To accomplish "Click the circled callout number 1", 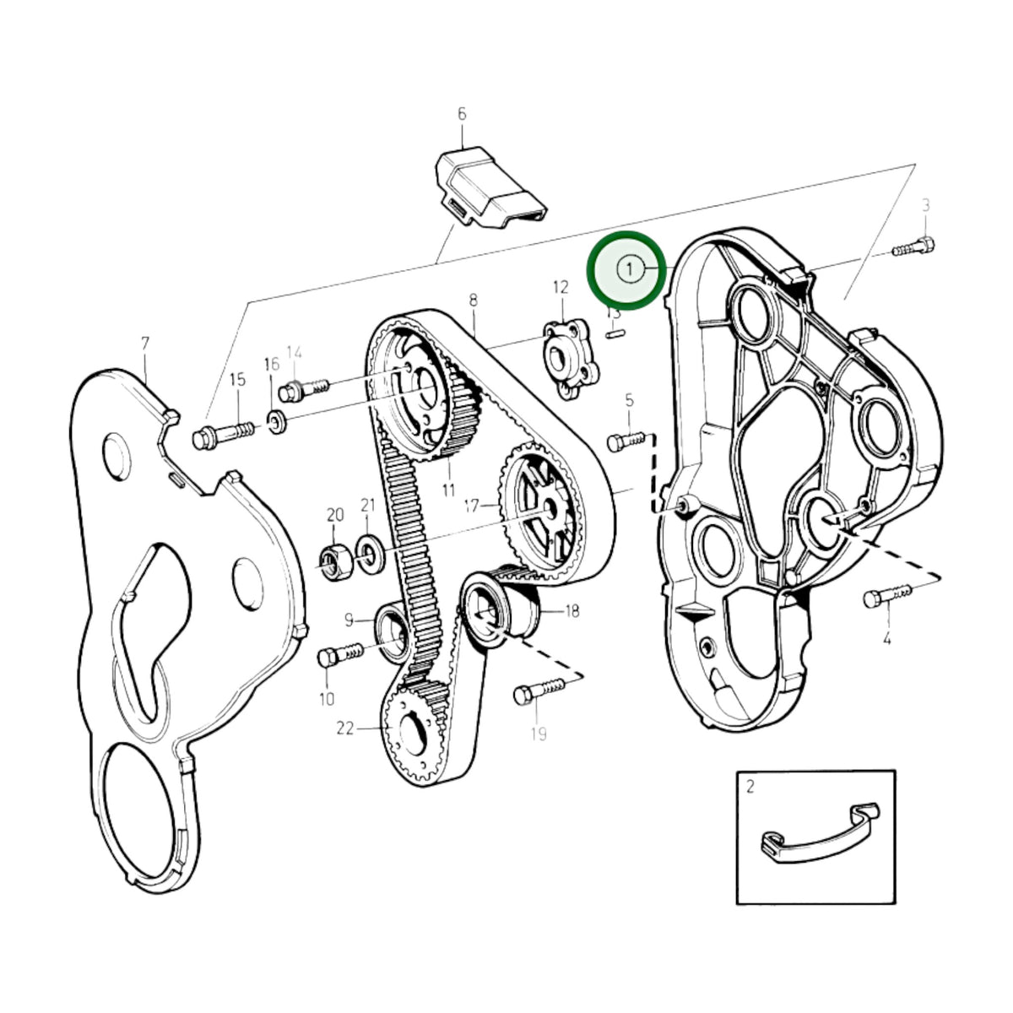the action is pos(629,269).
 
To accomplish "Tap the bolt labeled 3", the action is pos(913,246).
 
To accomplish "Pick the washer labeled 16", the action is pos(277,422).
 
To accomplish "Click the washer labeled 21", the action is pos(370,554).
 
